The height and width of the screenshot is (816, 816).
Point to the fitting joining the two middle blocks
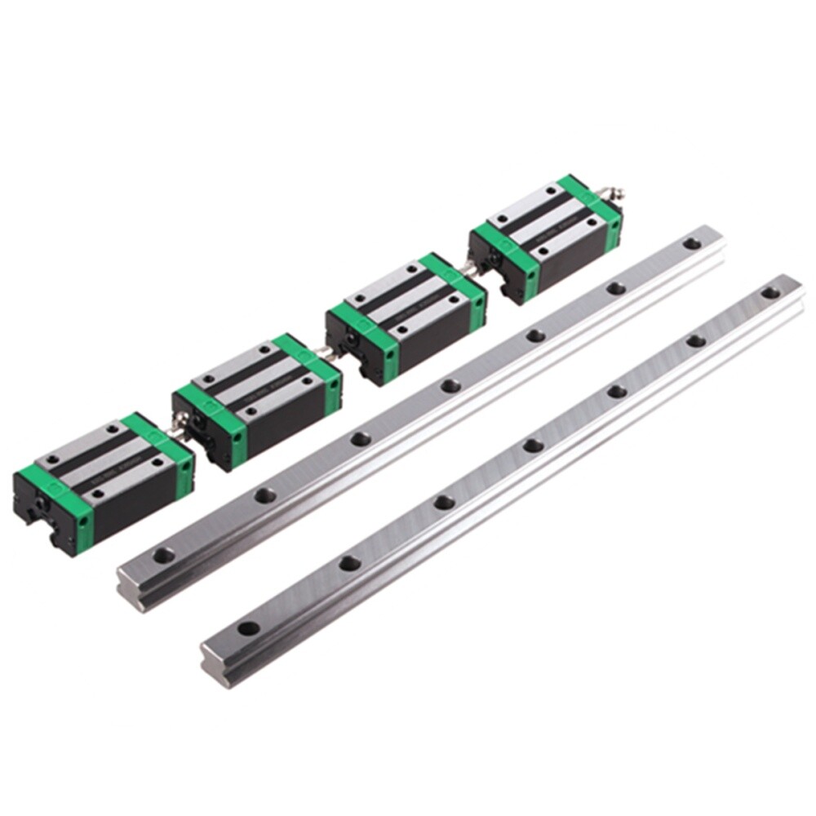pyautogui.click(x=326, y=353)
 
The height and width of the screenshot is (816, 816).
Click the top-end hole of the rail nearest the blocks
pyautogui.click(x=691, y=243)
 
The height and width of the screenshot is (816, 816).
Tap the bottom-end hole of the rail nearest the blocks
pyautogui.click(x=163, y=556)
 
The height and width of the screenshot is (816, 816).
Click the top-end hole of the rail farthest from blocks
pyautogui.click(x=769, y=292)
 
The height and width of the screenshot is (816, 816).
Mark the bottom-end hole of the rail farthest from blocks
pyautogui.click(x=246, y=629)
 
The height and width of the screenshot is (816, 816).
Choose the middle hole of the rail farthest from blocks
pyautogui.click(x=533, y=446)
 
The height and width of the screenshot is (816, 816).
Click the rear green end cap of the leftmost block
pyautogui.click(x=160, y=446)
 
